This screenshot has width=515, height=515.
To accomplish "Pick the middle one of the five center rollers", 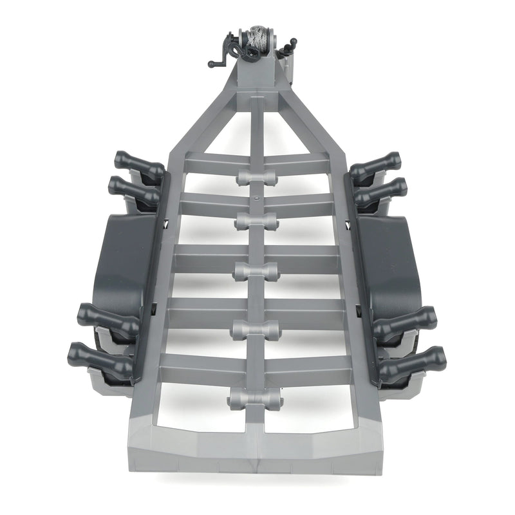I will tap(256, 270).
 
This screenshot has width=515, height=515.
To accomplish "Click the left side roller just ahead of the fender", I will tap(133, 191).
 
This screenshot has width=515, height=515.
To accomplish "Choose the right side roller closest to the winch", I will tap(376, 166).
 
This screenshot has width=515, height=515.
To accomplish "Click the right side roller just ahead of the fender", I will tap(381, 191).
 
